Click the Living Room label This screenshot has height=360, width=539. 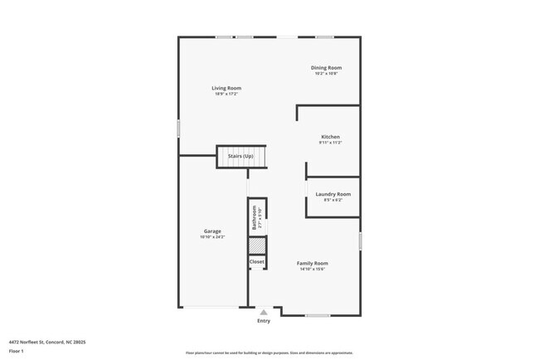click(226, 88)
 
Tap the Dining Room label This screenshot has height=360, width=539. click(326, 68)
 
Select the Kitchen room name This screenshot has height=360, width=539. click(330, 137)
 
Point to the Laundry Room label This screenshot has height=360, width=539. click(333, 194)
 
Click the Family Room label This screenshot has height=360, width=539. click(313, 263)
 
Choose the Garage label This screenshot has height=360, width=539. click(212, 231)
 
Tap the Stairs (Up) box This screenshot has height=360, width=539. click(240, 156)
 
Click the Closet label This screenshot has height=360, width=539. click(257, 261)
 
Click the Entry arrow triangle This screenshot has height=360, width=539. click(264, 312)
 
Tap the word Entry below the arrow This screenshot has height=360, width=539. click(264, 321)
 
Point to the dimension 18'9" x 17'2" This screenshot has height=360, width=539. click(226, 94)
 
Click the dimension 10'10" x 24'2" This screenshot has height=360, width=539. click(212, 237)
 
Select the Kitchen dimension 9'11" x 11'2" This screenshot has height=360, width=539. click(330, 143)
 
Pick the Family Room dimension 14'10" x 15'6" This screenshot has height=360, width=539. click(313, 269)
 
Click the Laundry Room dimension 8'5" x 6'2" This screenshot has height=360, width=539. click(333, 200)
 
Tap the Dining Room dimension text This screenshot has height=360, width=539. click(326, 74)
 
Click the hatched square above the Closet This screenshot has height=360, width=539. click(257, 246)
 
